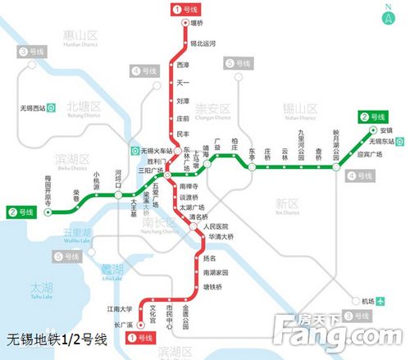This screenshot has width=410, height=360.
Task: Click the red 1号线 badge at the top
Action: pos(184,9)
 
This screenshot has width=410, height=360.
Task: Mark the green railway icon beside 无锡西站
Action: pos(52,107)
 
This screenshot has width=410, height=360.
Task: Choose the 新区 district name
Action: pos(286,202)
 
